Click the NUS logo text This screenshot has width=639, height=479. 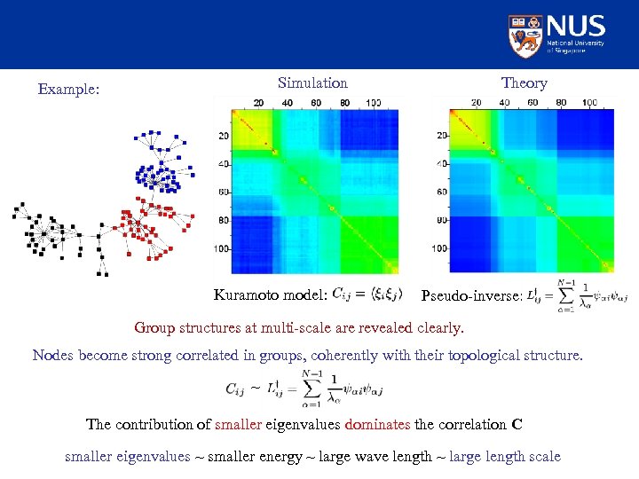click(576, 26)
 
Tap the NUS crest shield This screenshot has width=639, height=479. click(525, 35)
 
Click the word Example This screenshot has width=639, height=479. click(68, 90)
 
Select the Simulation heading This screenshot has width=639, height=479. click(312, 83)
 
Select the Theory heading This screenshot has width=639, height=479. click(524, 83)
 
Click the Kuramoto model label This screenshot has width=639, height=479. click(271, 295)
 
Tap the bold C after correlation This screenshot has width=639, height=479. click(517, 424)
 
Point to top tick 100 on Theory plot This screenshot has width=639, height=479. click(591, 103)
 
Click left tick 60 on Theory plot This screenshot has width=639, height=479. click(441, 192)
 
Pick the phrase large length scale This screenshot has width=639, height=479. click(505, 456)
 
